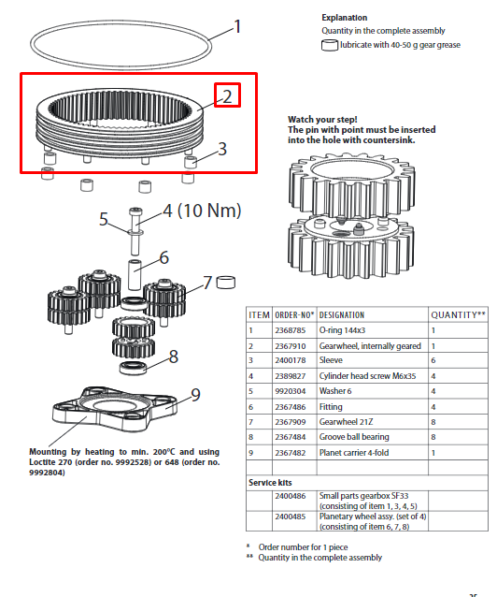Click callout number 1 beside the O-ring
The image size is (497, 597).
(237, 26)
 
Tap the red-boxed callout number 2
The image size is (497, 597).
(227, 96)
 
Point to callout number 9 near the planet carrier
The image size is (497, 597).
(195, 395)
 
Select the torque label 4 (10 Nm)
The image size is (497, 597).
(203, 211)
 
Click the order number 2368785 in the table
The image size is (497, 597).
(291, 330)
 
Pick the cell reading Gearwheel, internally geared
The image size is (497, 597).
(370, 346)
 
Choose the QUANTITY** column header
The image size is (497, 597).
(458, 314)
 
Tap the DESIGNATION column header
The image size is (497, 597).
(342, 315)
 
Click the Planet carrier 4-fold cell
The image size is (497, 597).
(354, 453)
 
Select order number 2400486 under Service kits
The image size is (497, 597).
(291, 496)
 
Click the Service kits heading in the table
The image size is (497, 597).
(270, 483)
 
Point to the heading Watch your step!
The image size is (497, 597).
(322, 120)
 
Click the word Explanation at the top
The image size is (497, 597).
(345, 18)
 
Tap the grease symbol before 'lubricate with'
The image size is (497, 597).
(329, 45)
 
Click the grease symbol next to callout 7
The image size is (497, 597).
(225, 283)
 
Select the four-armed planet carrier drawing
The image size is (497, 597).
(114, 409)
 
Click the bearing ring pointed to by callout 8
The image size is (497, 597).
(133, 368)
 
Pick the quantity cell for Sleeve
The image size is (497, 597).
(433, 360)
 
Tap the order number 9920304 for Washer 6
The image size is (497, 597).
(291, 391)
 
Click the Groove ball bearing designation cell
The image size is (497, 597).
(354, 437)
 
